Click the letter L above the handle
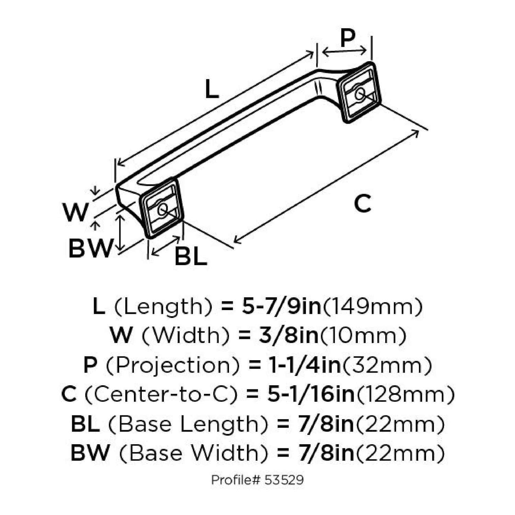tap(211, 89)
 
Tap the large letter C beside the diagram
tap(363, 203)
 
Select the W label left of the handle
tap(76, 212)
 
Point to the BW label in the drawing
tap(91, 248)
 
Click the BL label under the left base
tap(191, 256)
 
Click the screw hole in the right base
tap(360, 93)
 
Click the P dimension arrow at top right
tap(344, 51)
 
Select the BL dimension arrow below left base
tap(166, 246)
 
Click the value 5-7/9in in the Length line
tap(281, 306)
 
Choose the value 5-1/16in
tap(310, 394)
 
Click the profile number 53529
tap(284, 480)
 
